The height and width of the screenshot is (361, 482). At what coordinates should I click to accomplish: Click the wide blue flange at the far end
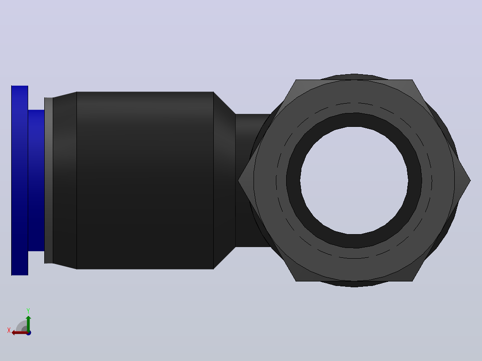(x=20, y=180)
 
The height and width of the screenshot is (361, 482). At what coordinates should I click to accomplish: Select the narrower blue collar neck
(x=36, y=180)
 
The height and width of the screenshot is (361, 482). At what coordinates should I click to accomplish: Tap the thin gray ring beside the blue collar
(x=49, y=180)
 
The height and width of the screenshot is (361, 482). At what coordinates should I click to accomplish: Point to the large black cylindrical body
(x=145, y=180)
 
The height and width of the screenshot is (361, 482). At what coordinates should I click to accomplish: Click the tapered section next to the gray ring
(x=65, y=180)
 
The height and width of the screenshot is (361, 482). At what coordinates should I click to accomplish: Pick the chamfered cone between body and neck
(x=224, y=180)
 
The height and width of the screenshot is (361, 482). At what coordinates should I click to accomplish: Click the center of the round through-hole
(x=354, y=180)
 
